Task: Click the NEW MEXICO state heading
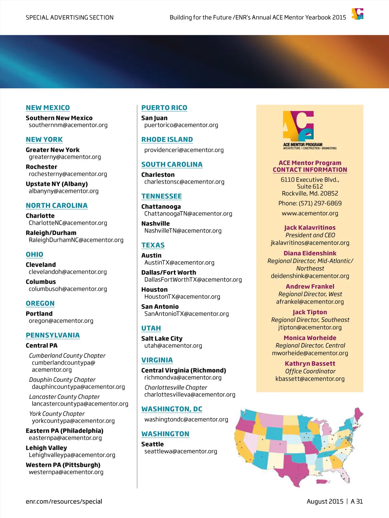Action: pyautogui.click(x=48, y=108)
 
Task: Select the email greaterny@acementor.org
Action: pyautogui.click(x=65, y=157)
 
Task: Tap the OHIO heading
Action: pyautogui.click(x=35, y=255)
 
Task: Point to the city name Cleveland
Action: pyautogui.click(x=41, y=265)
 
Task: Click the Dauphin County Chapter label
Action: pyautogui.click(x=62, y=379)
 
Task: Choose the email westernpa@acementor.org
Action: pyautogui.click(x=66, y=472)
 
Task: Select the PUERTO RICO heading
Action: pyautogui.click(x=164, y=108)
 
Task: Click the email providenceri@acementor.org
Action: pyautogui.click(x=184, y=150)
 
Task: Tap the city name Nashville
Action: pyautogui.click(x=155, y=224)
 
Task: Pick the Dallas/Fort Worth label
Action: pyautogui.click(x=169, y=272)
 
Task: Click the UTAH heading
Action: pyautogui.click(x=151, y=328)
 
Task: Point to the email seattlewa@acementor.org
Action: pyautogui.click(x=181, y=451)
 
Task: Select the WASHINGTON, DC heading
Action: pyautogui.click(x=172, y=409)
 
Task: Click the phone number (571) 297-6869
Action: pyautogui.click(x=320, y=203)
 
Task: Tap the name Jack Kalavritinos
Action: pyautogui.click(x=310, y=228)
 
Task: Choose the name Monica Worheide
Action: pyautogui.click(x=310, y=338)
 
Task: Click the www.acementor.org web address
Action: pyautogui.click(x=310, y=213)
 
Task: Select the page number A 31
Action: pyautogui.click(x=357, y=501)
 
